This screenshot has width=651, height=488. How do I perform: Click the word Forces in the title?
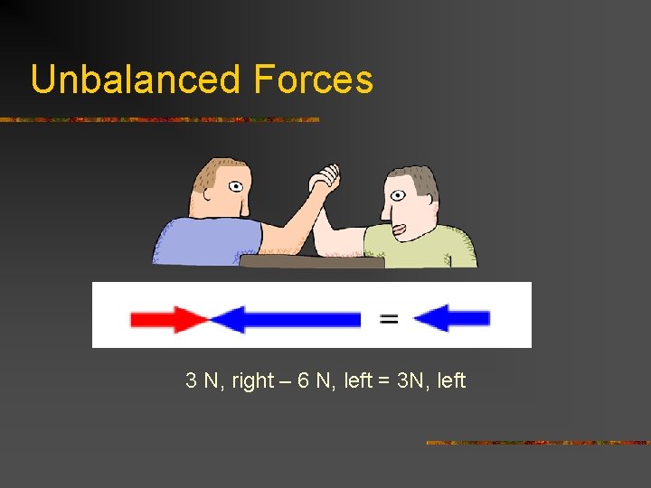coord(314,80)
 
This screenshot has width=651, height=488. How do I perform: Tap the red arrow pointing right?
coord(168,319)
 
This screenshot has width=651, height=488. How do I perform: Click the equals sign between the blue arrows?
coord(389,318)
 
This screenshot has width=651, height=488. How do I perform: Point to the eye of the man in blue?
coord(235,187)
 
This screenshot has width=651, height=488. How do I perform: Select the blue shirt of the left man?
coord(204,241)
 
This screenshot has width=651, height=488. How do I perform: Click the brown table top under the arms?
coord(312,261)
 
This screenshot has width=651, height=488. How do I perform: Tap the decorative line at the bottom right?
coord(537,443)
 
